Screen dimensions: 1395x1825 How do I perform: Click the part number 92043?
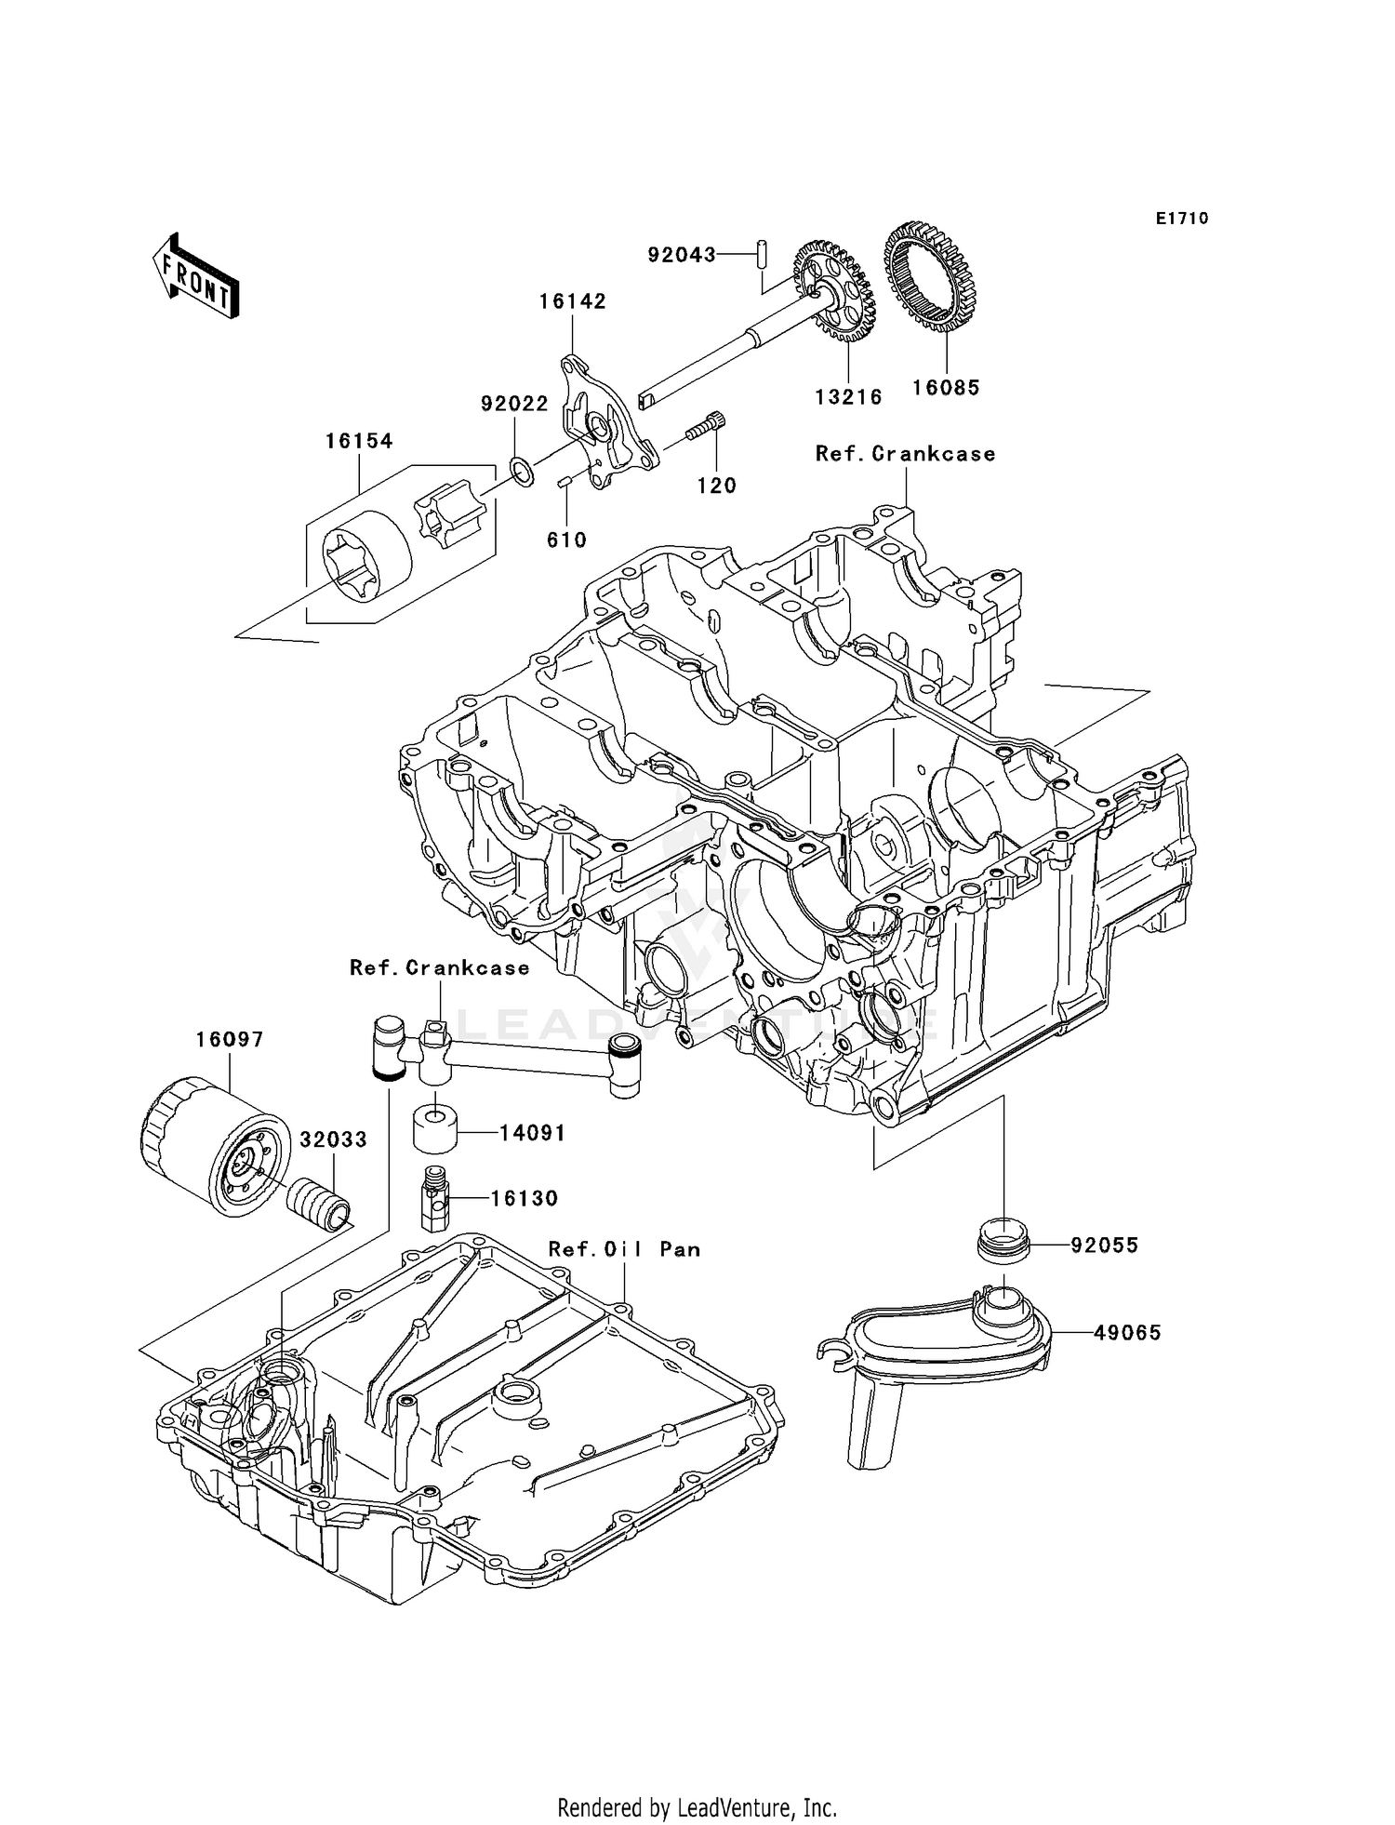pyautogui.click(x=682, y=254)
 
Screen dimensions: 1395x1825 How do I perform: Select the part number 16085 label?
pyautogui.click(x=946, y=388)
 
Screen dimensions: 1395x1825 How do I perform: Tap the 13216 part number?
pyautogui.click(x=848, y=397)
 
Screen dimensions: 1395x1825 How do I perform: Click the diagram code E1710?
pyautogui.click(x=1182, y=219)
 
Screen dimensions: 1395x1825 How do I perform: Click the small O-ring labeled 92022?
pyautogui.click(x=523, y=472)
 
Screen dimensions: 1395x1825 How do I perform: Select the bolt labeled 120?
pyautogui.click(x=706, y=428)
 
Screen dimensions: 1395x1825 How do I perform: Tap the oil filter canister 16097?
pyautogui.click(x=215, y=1146)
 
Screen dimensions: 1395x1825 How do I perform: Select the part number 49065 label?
pyautogui.click(x=1127, y=1333)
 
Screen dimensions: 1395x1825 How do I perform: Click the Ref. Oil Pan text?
pyautogui.click(x=624, y=1249)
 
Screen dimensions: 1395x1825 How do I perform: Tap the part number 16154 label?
pyautogui.click(x=359, y=441)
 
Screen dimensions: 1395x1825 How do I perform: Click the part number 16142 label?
pyautogui.click(x=572, y=301)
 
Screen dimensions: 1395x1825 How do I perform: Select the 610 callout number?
pyautogui.click(x=566, y=540)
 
